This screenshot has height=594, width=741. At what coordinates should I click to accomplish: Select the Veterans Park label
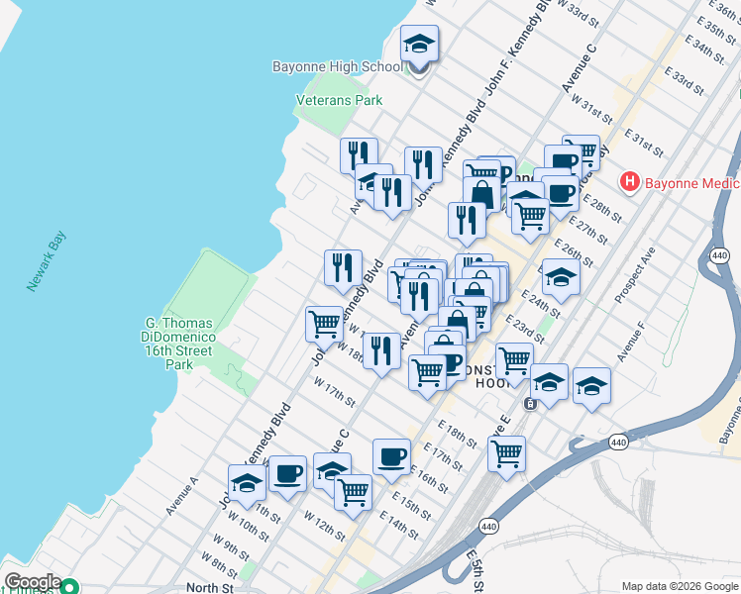coord(339,100)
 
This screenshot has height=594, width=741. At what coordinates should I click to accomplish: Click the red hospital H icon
coord(629,182)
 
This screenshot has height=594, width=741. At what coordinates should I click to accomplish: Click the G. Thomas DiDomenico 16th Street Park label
coord(179,344)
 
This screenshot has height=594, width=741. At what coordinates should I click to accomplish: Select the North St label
coord(209,587)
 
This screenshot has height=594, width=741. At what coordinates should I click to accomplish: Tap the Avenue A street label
coord(182,496)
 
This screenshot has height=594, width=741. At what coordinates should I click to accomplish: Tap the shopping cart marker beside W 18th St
coord(325,323)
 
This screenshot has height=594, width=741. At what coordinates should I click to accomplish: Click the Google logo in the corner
coord(32,582)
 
